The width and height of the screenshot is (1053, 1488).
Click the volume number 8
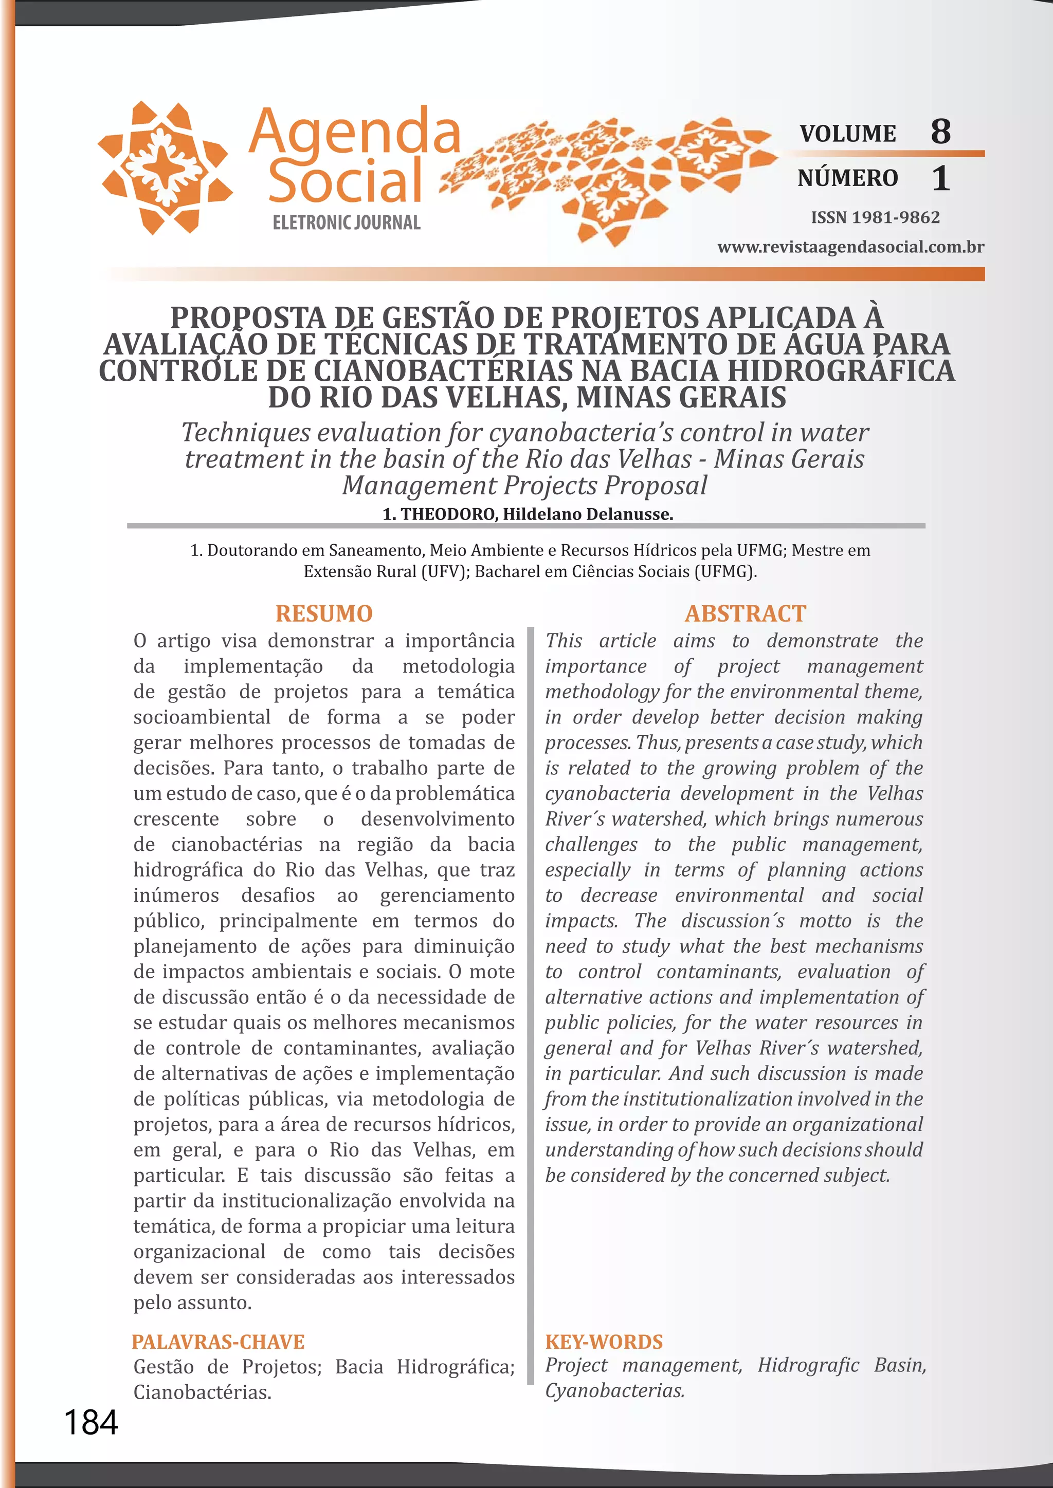(x=940, y=132)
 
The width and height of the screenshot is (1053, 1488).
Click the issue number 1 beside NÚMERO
(x=940, y=178)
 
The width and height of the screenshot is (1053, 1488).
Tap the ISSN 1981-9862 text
(x=875, y=217)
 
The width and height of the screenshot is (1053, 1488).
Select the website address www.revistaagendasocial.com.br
(x=851, y=247)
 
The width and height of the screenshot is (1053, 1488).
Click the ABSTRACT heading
(x=745, y=613)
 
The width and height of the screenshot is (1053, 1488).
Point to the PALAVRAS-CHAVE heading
(x=218, y=1342)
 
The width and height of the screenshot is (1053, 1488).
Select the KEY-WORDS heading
(x=604, y=1342)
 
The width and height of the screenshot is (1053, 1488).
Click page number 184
(x=91, y=1423)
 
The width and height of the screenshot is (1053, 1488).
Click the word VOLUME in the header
(x=847, y=134)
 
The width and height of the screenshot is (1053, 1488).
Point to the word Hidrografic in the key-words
(x=808, y=1365)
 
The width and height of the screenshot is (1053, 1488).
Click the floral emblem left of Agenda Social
(x=165, y=166)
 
